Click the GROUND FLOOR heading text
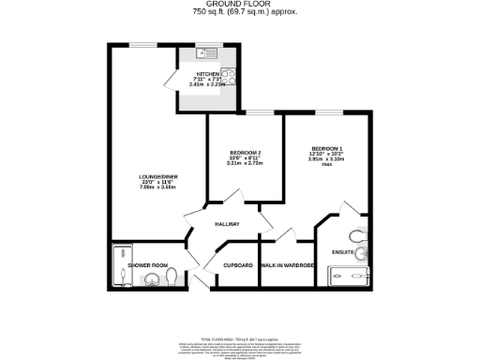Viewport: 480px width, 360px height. [240, 5]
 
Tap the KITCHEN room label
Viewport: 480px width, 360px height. [207, 73]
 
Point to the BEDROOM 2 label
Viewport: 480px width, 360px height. [245, 152]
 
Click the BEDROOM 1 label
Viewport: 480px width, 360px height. [328, 148]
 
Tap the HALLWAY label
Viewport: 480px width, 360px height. [228, 224]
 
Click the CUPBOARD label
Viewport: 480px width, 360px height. [237, 266]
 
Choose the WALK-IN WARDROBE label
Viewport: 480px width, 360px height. [286, 266]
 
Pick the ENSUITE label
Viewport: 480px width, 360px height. [343, 251]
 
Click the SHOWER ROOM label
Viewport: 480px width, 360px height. [146, 266]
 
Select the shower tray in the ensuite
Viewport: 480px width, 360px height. [351, 276]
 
